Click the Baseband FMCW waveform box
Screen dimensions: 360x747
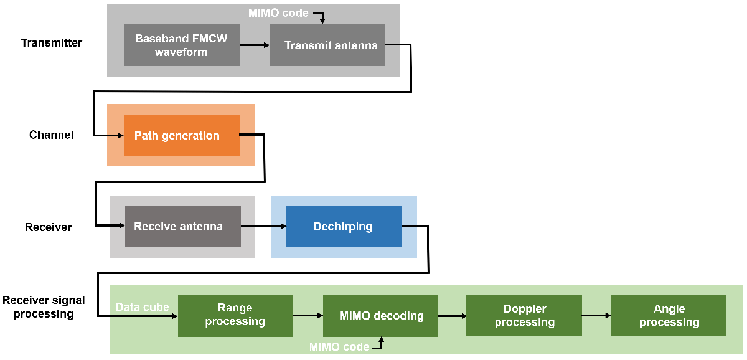[182, 45]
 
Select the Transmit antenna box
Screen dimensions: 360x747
[327, 45]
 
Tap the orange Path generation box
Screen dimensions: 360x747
[182, 135]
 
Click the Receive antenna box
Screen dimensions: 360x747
[182, 226]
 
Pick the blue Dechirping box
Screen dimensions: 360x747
[344, 226]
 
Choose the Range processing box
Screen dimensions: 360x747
[235, 315]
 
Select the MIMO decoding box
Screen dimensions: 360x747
[380, 316]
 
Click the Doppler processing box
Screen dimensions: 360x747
[524, 316]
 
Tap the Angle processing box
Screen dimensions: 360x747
[669, 316]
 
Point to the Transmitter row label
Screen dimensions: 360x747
[52, 43]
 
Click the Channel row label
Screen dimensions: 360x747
[51, 135]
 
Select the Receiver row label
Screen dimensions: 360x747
[48, 227]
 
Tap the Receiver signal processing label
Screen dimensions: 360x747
[44, 307]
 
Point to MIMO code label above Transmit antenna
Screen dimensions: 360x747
[279, 12]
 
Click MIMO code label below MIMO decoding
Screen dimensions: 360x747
[339, 347]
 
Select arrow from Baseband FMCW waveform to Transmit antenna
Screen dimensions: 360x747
[255, 45]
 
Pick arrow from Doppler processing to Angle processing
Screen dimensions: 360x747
[596, 316]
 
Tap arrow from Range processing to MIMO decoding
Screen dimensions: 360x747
[308, 316]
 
